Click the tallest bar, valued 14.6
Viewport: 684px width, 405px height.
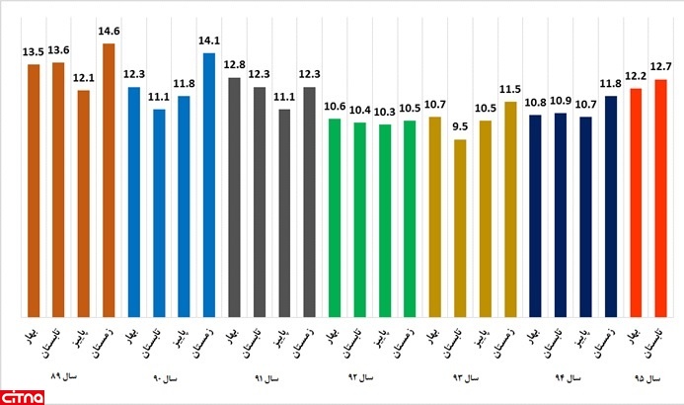click(109, 178)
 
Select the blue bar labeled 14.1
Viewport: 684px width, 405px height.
click(209, 183)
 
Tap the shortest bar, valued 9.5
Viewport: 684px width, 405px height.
click(460, 227)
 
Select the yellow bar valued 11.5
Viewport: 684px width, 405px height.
click(510, 207)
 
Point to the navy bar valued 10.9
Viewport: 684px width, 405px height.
click(561, 213)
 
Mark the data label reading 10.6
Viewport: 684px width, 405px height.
click(334, 108)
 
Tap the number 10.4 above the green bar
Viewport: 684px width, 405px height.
click(359, 111)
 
